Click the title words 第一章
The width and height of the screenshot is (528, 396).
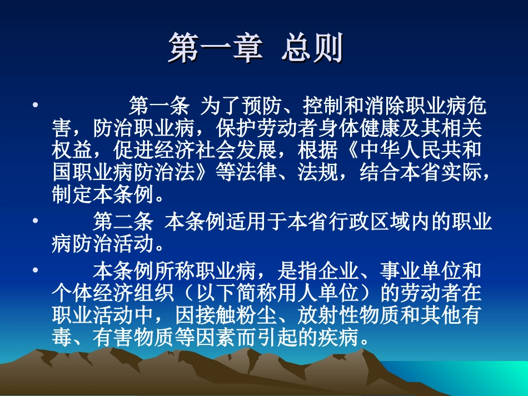215,49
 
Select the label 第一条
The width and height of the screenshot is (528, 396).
159,105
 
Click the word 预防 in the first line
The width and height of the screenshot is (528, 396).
253,105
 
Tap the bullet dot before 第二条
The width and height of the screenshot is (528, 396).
35,221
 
